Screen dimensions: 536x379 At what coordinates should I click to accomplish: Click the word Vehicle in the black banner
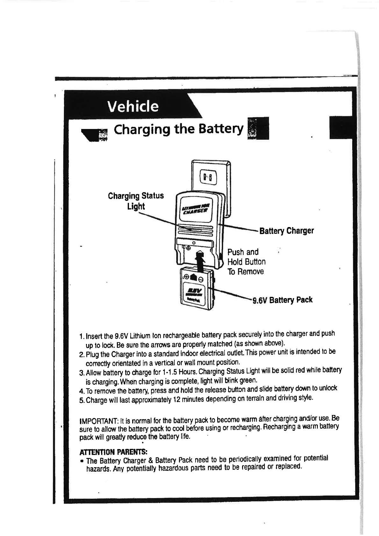pos(133,106)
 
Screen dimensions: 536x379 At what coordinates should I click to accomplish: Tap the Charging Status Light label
pos(136,201)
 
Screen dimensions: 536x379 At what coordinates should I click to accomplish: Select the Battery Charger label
pos(287,231)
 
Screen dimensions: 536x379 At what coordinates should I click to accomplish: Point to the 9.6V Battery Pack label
pos(282,300)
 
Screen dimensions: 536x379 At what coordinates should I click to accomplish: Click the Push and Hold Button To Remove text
pos(246,262)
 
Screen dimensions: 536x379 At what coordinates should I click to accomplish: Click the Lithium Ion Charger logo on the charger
pos(195,209)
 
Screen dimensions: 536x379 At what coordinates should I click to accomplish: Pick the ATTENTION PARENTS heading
pos(113,452)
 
